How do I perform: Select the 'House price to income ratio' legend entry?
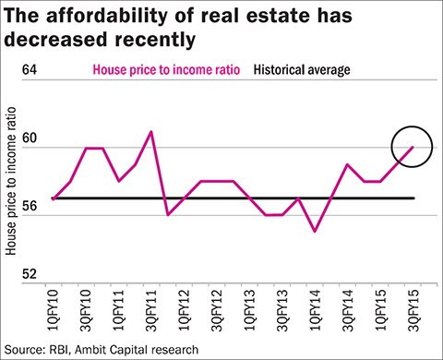tap(166, 70)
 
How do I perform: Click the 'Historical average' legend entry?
tap(302, 70)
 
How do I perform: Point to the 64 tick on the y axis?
tap(30, 69)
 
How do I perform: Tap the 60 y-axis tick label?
tap(30, 138)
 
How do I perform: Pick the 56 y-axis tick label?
tap(30, 206)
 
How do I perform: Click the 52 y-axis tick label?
tap(30, 273)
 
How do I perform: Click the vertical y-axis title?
tap(11, 181)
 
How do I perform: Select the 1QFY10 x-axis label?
tap(54, 310)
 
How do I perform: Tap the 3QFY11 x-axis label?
tap(151, 310)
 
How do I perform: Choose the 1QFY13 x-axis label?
tap(249, 310)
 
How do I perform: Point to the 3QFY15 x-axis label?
tap(413, 310)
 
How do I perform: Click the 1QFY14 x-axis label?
tap(315, 310)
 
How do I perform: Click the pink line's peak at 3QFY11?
tap(151, 131)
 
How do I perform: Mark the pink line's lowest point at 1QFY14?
tap(315, 232)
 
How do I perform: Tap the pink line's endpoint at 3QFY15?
tap(413, 147)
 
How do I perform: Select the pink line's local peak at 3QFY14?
tap(347, 164)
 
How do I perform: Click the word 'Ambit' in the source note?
tap(90, 350)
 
